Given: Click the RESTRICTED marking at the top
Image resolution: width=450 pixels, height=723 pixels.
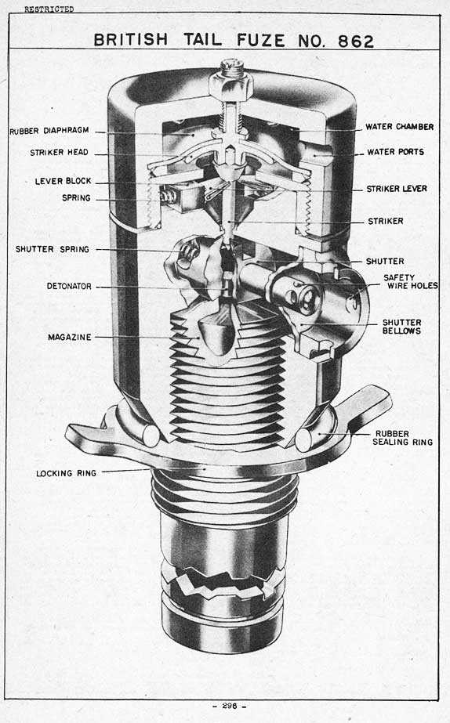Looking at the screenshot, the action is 49,9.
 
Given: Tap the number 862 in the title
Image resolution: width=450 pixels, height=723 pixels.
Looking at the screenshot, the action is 356,41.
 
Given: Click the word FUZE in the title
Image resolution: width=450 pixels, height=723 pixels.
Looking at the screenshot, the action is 261,40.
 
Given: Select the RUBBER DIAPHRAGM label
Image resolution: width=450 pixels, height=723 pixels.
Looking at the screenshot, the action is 49,131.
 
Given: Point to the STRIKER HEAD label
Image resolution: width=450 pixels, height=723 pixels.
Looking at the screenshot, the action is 59,152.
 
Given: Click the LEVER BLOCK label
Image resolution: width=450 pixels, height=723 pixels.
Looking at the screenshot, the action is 64,181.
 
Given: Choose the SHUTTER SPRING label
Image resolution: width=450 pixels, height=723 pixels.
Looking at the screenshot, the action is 53,249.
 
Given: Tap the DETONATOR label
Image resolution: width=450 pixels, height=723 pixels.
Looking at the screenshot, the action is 69,286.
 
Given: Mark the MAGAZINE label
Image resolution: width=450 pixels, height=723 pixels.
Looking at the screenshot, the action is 70,337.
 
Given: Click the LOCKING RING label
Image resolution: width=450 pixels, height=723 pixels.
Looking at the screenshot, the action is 67,473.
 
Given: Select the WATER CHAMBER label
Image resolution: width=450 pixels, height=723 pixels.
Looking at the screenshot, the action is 400,126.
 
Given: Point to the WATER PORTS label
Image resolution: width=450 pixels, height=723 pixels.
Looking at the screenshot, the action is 396,152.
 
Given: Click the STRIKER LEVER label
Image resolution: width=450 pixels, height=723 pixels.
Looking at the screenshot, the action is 397,189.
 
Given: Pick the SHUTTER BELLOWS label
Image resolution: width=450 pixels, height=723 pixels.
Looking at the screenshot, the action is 401,327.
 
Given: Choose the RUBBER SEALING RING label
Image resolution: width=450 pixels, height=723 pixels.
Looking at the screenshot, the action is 403,438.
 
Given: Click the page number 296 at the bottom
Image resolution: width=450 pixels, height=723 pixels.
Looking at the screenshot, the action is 230,706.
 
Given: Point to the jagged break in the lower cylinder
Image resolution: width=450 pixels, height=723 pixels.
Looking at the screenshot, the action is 223,584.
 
